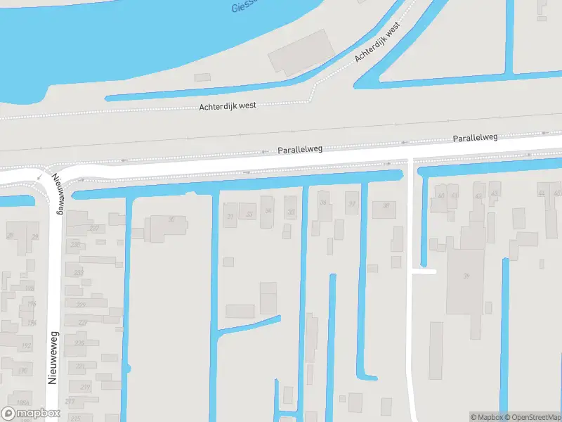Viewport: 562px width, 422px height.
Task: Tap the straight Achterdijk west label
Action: pyautogui.click(x=228, y=106)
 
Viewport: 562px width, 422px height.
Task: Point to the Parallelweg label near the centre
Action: pyautogui.click(x=300, y=150)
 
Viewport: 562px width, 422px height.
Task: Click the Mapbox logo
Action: pyautogui.click(x=31, y=414)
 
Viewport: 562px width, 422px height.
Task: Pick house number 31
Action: pyautogui.click(x=230, y=216)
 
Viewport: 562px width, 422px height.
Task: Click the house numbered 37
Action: pyautogui.click(x=352, y=203)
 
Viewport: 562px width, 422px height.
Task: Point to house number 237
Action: pyautogui.click(x=93, y=228)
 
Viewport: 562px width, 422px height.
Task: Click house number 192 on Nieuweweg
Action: pyautogui.click(x=25, y=345)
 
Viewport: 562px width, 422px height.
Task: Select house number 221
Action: pyautogui.click(x=80, y=366)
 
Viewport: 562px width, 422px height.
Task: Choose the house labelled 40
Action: pyautogui.click(x=441, y=196)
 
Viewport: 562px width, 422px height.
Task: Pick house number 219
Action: pyautogui.click(x=85, y=388)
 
